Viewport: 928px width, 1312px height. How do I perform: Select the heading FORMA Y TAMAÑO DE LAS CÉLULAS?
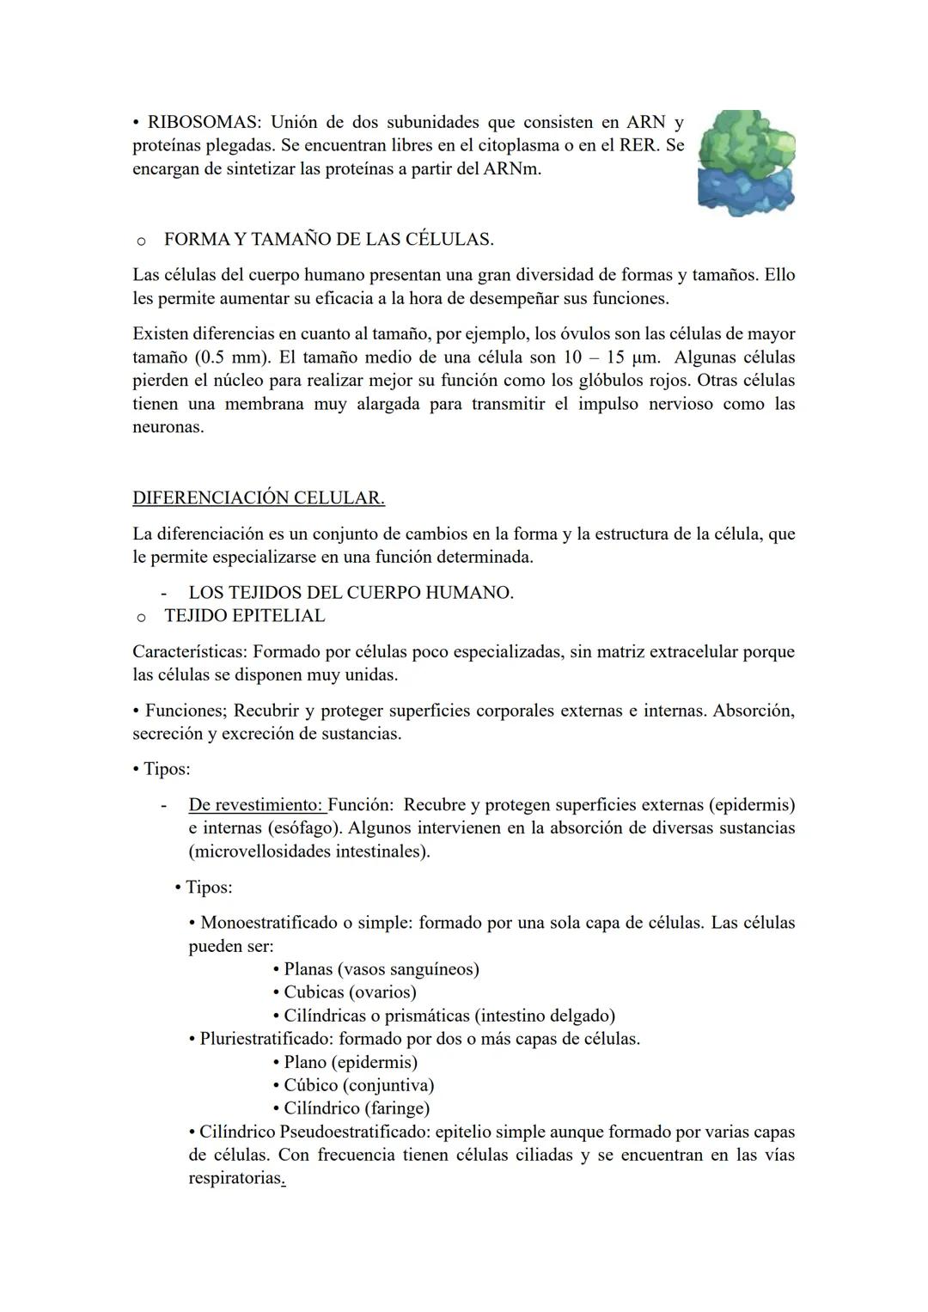(x=328, y=240)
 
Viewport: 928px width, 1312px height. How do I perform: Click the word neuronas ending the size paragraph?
(x=168, y=427)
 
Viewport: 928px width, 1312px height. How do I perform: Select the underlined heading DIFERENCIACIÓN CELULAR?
(x=258, y=498)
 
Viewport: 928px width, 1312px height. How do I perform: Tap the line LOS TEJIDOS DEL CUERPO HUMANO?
(x=351, y=593)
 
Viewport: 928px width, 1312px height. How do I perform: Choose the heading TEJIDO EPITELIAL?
(x=244, y=616)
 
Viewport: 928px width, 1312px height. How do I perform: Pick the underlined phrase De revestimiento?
(x=255, y=805)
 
